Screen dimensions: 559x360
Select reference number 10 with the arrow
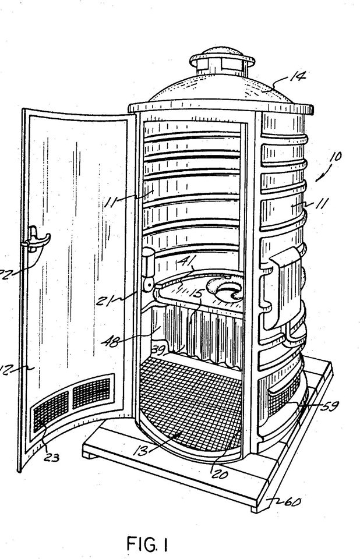(x=336, y=157)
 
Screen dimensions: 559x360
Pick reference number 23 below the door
(x=51, y=457)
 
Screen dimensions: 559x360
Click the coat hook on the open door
(x=36, y=240)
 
